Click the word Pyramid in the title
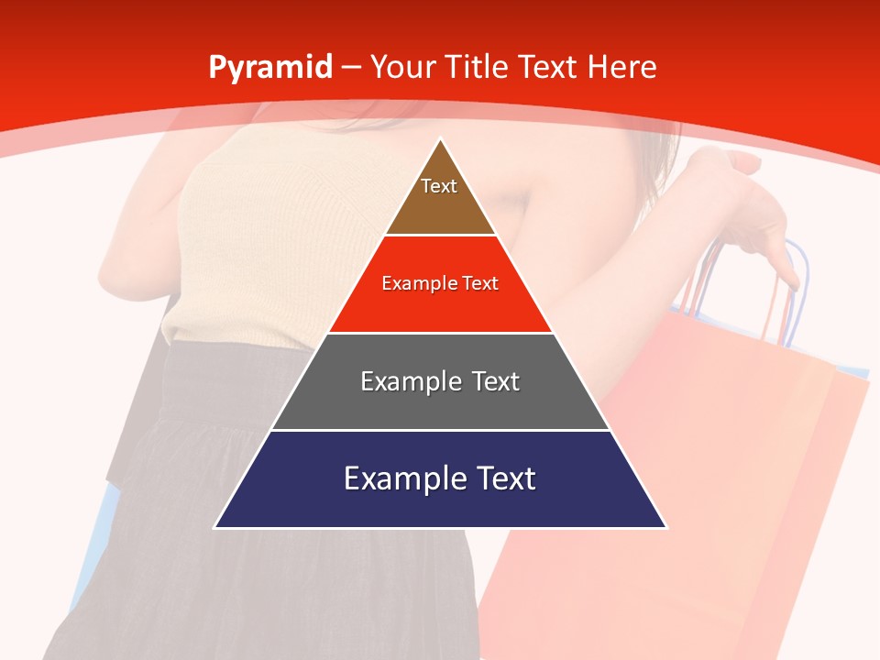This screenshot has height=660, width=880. (269, 68)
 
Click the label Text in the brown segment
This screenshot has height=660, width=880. (439, 186)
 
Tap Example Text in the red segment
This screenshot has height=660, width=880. (440, 283)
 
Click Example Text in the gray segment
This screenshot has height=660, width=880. (440, 381)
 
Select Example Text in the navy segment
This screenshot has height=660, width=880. (440, 478)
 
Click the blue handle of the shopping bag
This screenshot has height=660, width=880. (803, 275)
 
